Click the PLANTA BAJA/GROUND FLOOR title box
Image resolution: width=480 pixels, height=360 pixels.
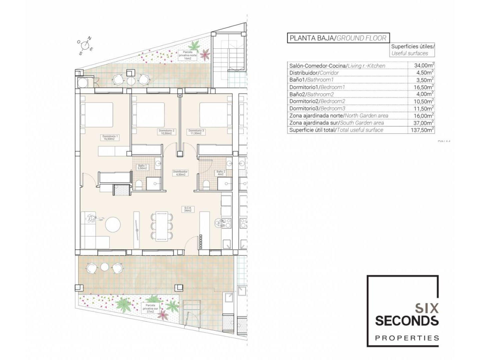tap(338, 38)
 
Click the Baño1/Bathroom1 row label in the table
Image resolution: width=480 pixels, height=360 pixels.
tap(311, 80)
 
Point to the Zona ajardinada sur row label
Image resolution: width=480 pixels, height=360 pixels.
tap(336, 123)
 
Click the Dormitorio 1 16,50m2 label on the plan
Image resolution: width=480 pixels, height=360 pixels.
tap(110, 137)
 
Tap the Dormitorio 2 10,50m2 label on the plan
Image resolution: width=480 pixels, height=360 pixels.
tap(166, 132)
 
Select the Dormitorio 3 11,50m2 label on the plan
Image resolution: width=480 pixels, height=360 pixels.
tap(196, 132)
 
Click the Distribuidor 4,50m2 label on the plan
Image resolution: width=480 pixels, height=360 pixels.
tap(180, 173)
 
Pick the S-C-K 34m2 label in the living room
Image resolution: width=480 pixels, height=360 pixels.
tap(188, 209)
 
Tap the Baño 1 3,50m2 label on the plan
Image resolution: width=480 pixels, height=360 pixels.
tap(142, 167)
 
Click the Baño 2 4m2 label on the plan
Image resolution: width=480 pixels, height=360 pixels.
tap(221, 173)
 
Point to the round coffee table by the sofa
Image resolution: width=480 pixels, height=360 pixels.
tap(113, 225)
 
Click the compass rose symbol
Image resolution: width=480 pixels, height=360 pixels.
tap(85, 46)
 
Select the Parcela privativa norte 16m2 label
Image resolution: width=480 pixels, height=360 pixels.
tap(188, 55)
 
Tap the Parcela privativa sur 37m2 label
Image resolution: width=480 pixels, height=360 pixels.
tap(150, 308)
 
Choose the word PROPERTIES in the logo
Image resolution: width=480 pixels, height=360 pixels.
tap(407, 338)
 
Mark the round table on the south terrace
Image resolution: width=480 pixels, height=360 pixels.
tap(105, 267)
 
